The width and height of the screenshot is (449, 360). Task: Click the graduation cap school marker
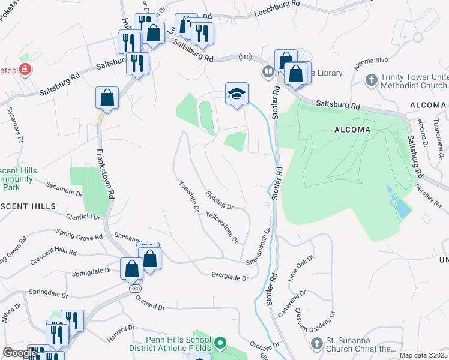click(x=237, y=94)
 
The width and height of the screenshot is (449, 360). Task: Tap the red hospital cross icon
click(x=25, y=70)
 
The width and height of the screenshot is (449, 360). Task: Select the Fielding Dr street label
click(x=219, y=200)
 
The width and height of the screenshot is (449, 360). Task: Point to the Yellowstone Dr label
click(x=222, y=227)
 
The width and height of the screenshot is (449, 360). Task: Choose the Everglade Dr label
click(x=229, y=277)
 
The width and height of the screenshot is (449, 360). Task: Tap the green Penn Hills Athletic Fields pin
click(x=220, y=344)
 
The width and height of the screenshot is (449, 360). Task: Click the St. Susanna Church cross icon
click(x=317, y=344)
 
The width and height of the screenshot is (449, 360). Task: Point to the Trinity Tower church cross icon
click(x=372, y=80)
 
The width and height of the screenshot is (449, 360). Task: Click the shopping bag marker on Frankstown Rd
click(x=107, y=98)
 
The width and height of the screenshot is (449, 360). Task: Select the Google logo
click(x=20, y=353)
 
